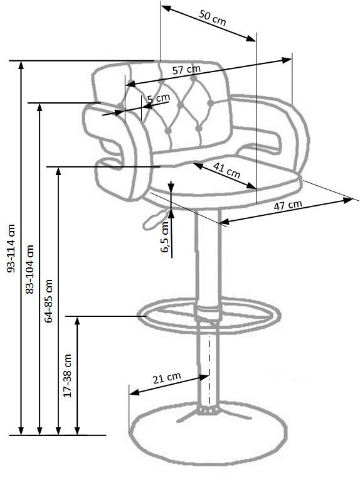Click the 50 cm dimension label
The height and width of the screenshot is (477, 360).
click(x=213, y=18)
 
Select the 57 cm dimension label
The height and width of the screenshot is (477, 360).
click(x=187, y=70)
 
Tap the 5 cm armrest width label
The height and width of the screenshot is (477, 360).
click(x=159, y=99)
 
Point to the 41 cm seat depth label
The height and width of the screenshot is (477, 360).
click(x=227, y=170)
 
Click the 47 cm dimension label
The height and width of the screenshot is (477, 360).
click(x=288, y=205)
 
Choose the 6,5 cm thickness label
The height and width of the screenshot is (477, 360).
click(x=164, y=237)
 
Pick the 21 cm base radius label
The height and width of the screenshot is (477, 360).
click(x=167, y=378)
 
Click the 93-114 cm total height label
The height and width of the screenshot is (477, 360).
click(x=11, y=249)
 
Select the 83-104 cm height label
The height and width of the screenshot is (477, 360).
click(x=30, y=269)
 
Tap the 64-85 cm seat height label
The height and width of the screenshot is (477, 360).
click(x=48, y=301)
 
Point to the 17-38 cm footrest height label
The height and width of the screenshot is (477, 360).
click(x=67, y=375)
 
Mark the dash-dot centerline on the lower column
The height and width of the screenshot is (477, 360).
click(x=209, y=372)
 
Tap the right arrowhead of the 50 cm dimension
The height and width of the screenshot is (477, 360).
click(x=251, y=38)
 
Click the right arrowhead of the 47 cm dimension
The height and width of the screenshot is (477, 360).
click(x=347, y=200)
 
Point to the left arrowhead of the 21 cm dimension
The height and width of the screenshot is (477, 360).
click(x=135, y=392)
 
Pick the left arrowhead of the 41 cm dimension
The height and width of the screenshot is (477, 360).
click(x=198, y=166)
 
